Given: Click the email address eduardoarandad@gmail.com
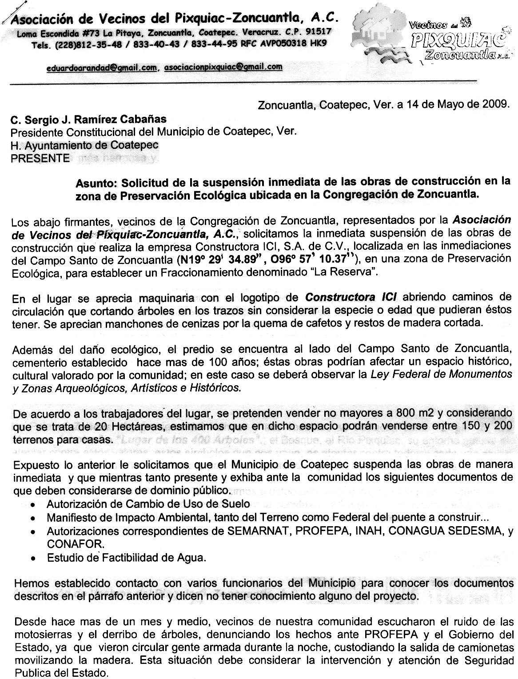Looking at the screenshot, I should (101, 68).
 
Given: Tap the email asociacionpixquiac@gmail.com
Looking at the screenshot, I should (223, 67).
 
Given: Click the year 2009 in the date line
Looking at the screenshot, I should (494, 105).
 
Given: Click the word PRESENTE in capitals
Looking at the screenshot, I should (40, 158).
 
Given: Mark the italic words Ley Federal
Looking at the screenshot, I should (394, 374).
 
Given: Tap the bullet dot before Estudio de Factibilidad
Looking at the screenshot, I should (33, 558).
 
